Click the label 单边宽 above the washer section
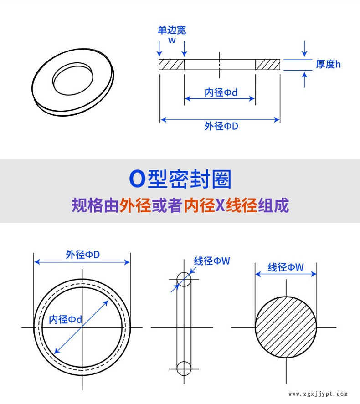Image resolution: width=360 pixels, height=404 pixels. tap(172, 30)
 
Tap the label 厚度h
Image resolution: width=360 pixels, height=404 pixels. tap(328, 64)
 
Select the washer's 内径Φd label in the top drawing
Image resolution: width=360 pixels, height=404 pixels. tap(221, 92)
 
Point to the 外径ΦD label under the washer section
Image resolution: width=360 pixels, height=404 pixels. tap(221, 126)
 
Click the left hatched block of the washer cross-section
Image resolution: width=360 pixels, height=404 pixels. tap(172, 64)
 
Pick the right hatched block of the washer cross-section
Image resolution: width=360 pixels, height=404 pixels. tap(268, 64)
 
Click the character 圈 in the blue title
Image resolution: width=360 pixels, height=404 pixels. tap(221, 179)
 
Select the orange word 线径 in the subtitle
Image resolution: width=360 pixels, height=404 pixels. tap(242, 205)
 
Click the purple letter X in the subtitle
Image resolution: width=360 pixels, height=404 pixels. tap(221, 205)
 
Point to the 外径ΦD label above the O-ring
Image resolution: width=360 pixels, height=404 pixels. tap(83, 255)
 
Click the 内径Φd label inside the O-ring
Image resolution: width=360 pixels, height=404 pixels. tap(66, 319)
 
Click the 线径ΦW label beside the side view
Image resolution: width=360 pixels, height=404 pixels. tap(212, 261)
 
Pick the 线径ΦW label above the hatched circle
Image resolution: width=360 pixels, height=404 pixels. tap(286, 267)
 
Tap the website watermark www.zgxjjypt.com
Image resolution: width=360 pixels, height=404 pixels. tap(318, 394)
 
